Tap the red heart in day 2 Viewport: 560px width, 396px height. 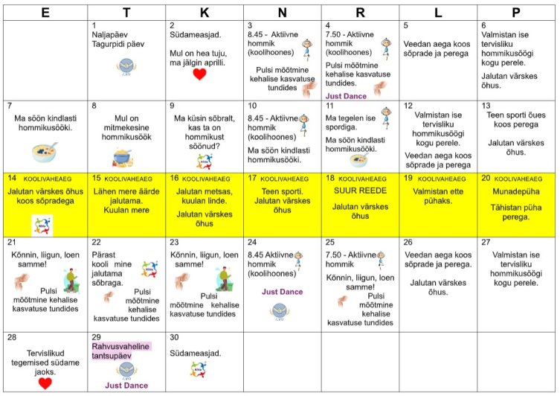click(x=199, y=74)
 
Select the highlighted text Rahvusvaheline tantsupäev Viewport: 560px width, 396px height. click(x=121, y=351)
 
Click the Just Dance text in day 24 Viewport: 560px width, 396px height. click(x=282, y=291)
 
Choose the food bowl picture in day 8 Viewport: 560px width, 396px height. click(x=121, y=154)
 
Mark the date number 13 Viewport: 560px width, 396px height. click(x=486, y=106)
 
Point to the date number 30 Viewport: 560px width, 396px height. click(x=176, y=336)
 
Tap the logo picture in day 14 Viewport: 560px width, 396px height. click(x=43, y=225)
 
